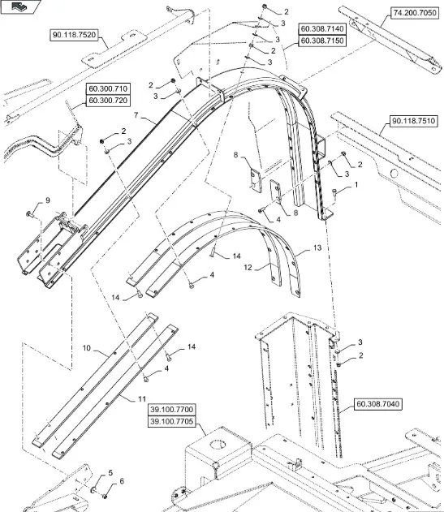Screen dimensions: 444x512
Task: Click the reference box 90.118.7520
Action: point(74,35)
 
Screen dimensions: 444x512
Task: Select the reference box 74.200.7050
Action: point(414,13)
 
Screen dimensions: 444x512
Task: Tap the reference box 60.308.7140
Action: point(322,29)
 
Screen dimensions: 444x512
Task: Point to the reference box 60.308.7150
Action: point(322,41)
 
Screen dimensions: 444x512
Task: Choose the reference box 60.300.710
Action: point(108,88)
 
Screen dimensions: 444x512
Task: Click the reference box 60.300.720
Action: point(108,101)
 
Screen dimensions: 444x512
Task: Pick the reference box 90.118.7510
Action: point(413,121)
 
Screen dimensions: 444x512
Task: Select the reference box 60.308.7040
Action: point(377,404)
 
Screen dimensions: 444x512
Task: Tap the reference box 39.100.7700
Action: point(172,410)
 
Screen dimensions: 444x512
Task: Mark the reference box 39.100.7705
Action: point(172,421)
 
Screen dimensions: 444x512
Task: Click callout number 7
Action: point(136,115)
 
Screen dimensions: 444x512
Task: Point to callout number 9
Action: point(48,200)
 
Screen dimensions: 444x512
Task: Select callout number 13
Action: point(317,247)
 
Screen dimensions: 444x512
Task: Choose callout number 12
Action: point(248,268)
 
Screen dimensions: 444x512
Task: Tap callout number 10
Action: point(86,348)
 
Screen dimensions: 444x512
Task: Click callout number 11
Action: point(142,399)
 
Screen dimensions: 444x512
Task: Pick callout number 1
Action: point(356,185)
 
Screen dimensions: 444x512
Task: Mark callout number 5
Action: point(110,473)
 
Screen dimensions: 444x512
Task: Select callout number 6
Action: point(122,481)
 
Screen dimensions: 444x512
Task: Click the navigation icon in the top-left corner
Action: point(20,6)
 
